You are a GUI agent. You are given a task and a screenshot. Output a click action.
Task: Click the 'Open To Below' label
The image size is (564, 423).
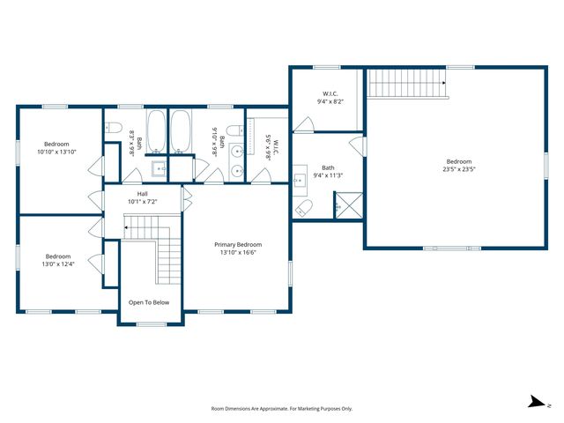tap(149, 302)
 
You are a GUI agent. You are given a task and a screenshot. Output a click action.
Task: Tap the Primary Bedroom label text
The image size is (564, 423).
tap(238, 244)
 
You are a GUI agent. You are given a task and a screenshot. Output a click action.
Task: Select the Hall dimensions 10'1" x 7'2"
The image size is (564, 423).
tap(142, 201)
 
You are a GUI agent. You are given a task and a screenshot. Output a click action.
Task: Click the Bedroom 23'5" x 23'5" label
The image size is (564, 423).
tap(459, 165)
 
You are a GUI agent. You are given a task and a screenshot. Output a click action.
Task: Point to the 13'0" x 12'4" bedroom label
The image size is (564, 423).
tap(58, 262)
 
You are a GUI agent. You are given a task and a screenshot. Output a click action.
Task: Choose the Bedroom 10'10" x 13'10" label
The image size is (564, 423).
tap(56, 148)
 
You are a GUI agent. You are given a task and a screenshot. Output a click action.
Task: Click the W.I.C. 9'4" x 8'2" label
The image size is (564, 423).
tap(330, 97)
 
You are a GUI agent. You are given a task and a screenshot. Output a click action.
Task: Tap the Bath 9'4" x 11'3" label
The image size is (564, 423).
tap(328, 172)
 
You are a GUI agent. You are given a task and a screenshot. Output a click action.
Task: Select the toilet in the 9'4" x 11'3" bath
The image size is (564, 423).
tap(304, 208)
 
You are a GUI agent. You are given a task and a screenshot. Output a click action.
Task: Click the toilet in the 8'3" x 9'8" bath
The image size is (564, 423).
tap(113, 129)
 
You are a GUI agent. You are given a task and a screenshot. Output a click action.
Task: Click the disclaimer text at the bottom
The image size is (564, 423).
tap(281, 409)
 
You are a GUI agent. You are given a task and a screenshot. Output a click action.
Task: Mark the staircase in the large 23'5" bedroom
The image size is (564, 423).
tap(408, 84)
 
